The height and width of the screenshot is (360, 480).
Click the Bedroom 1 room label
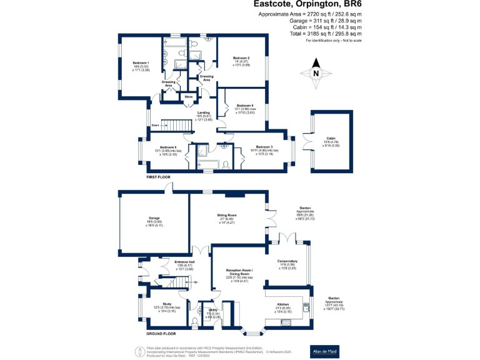coord(141,62)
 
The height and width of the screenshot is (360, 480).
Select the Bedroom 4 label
coord(245,106)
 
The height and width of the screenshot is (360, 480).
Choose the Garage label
coord(154,218)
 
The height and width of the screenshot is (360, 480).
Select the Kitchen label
coord(284,304)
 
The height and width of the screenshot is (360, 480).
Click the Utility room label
coord(213,310)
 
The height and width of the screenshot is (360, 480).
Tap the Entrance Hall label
coord(185,262)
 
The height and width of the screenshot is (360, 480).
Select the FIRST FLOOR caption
coord(158,177)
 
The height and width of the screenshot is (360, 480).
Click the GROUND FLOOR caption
coord(161,334)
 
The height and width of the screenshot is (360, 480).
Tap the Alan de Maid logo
coord(325,352)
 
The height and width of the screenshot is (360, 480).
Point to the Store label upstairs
coord(188,97)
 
